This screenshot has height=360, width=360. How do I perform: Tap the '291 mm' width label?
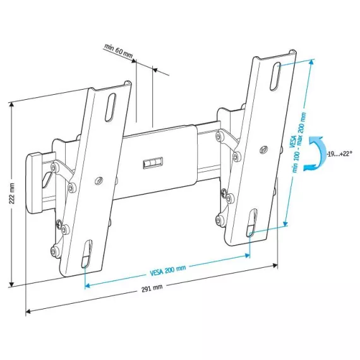152,287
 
